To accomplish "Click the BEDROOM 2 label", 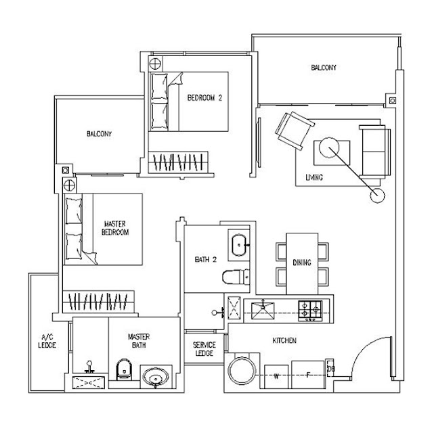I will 204,98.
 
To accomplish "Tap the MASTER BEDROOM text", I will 115,227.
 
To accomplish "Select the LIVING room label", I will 314,177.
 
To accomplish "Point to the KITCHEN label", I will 284,341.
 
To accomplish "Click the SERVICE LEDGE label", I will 204,349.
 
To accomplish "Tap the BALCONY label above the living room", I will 324,68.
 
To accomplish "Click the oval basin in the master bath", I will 157,378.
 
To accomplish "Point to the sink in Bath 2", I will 240,244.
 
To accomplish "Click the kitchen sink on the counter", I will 263,310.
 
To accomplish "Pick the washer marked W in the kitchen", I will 276,376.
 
